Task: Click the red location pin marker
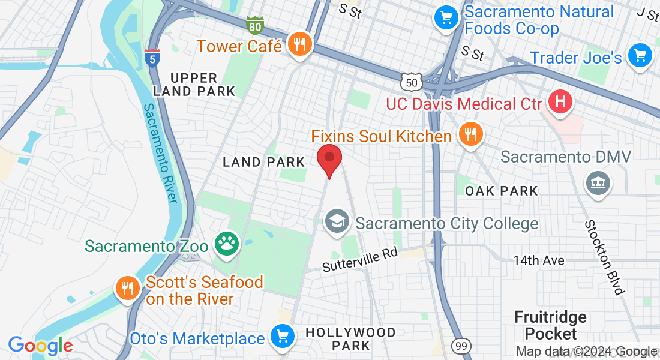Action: click(x=329, y=160)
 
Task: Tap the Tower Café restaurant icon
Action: click(x=299, y=44)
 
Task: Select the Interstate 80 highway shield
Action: click(x=254, y=25)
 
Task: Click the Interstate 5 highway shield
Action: click(x=152, y=58)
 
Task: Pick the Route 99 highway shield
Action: click(x=461, y=346)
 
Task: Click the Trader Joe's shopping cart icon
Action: click(x=640, y=56)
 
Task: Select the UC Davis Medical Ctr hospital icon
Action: click(x=560, y=102)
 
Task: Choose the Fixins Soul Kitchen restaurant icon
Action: click(x=469, y=134)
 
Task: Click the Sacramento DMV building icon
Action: click(x=598, y=182)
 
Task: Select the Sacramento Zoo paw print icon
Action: click(x=228, y=244)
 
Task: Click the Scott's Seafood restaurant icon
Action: click(x=127, y=289)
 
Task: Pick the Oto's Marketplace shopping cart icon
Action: click(x=281, y=337)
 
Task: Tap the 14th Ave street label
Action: click(x=538, y=260)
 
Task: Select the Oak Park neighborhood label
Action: click(x=502, y=191)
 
